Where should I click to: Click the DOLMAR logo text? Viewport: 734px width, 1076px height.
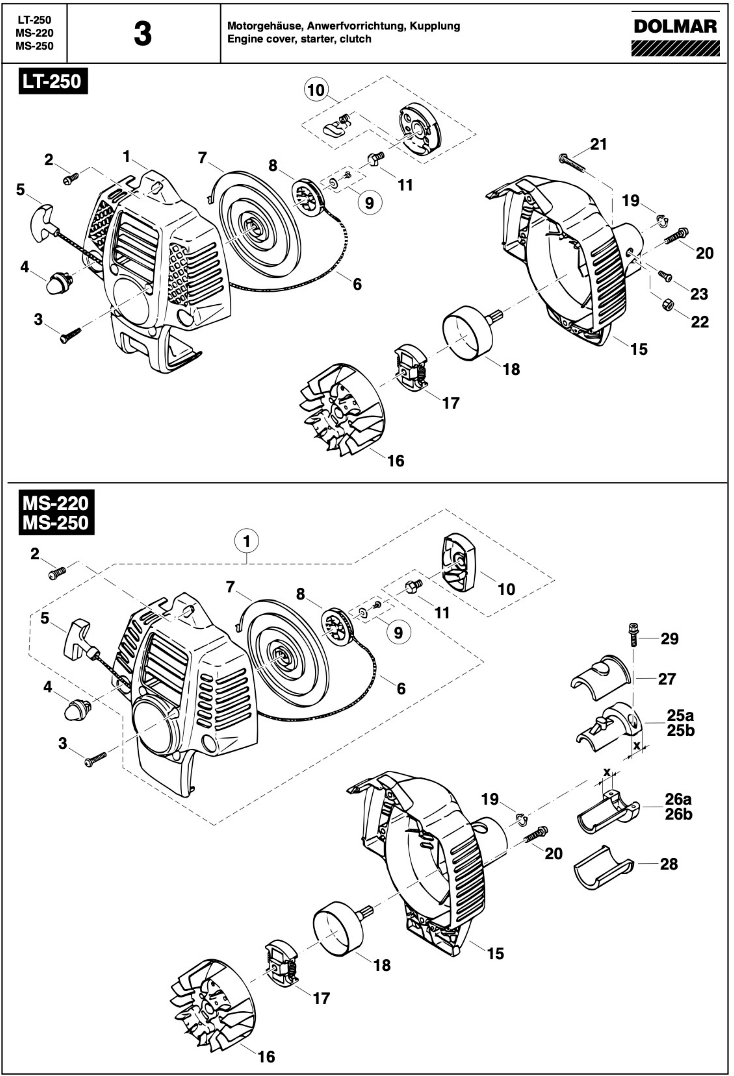point(675,27)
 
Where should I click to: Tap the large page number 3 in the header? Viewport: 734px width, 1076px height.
point(143,34)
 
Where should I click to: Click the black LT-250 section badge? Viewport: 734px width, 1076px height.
point(53,82)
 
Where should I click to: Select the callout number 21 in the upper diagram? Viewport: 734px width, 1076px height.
point(598,144)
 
